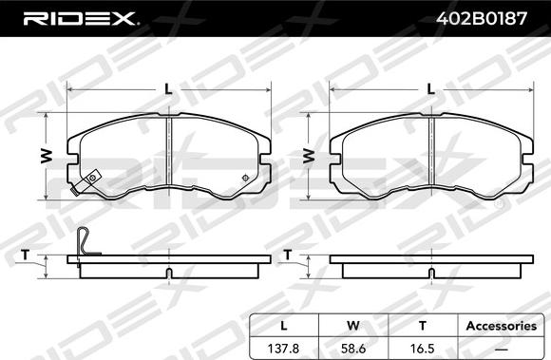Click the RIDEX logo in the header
[x=80, y=18]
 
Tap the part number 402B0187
[x=482, y=18]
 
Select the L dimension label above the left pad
[x=169, y=90]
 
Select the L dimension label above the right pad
[x=430, y=90]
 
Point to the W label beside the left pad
[x=46, y=157]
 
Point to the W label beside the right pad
[x=309, y=157]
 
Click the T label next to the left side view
[x=25, y=255]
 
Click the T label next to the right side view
[x=288, y=255]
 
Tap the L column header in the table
[x=284, y=326]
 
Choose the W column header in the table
[x=353, y=326]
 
